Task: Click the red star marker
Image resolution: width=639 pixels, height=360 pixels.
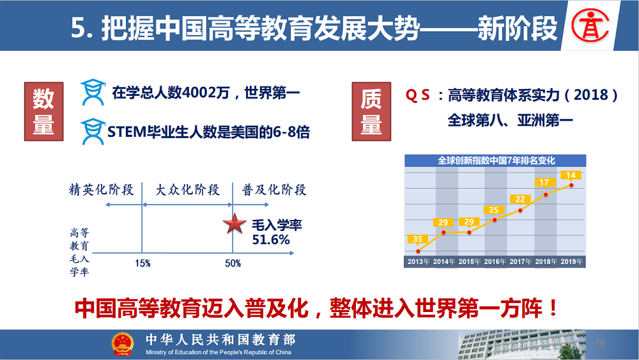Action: tap(235, 223)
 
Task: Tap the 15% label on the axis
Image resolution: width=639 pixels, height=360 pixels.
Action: tap(142, 263)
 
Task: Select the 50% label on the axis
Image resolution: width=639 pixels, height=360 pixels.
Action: tap(233, 263)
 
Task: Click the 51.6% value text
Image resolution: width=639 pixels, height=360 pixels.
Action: tap(270, 239)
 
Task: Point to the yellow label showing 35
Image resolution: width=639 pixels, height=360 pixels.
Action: tap(417, 239)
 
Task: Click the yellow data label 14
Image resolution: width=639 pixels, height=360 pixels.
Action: tap(571, 175)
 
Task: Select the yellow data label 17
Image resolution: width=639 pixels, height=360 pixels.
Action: tap(544, 182)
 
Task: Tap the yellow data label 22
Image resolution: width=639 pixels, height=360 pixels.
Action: tap(520, 199)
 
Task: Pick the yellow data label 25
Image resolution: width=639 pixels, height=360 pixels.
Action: tap(494, 210)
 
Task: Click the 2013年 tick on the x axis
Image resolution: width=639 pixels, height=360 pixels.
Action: tap(419, 262)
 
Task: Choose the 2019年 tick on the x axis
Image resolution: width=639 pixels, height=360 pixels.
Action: tap(571, 262)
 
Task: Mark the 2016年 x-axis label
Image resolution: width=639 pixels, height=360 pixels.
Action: tap(495, 262)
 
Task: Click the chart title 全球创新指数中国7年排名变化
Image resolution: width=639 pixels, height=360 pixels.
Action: tap(496, 160)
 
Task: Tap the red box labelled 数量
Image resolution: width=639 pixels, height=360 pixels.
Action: tap(43, 111)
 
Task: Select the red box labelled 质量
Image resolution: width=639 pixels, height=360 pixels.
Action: tap(371, 111)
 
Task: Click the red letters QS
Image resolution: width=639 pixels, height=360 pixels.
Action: tap(417, 95)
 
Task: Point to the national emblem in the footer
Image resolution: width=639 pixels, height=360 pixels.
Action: tap(123, 344)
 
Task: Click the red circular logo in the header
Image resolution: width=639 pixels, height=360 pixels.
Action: tap(590, 26)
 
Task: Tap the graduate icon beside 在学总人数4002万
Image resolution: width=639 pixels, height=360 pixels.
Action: tap(93, 92)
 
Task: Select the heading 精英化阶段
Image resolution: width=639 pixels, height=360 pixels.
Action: tap(102, 189)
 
